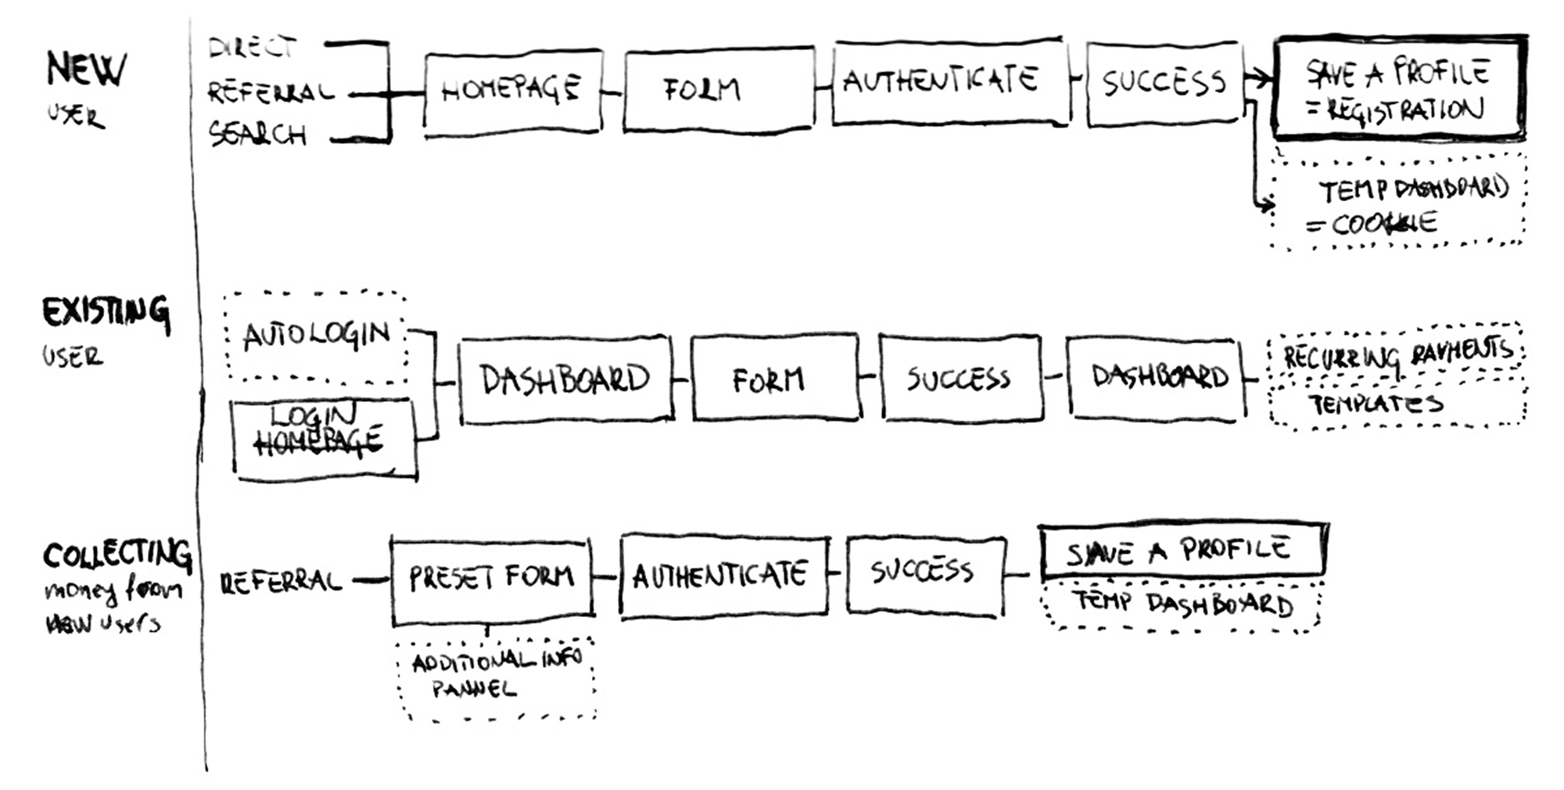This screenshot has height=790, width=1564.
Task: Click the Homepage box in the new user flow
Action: click(513, 91)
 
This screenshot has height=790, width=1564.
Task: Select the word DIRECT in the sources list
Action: click(252, 48)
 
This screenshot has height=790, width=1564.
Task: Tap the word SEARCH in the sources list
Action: click(257, 135)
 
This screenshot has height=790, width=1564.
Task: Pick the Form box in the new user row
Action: click(718, 89)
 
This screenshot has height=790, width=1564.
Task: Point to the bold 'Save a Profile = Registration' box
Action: click(1398, 89)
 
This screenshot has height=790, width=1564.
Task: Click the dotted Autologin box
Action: click(315, 336)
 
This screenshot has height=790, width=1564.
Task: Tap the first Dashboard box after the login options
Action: click(565, 380)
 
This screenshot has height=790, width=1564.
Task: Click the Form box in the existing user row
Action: click(774, 379)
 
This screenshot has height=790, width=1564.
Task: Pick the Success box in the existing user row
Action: click(961, 379)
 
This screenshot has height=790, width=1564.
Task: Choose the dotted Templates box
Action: click(1397, 405)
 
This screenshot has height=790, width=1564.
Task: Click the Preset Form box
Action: click(491, 580)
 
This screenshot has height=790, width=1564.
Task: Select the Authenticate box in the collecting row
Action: click(723, 576)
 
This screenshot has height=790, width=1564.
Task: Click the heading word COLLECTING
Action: click(117, 555)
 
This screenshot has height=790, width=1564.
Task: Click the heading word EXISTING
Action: click(106, 313)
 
